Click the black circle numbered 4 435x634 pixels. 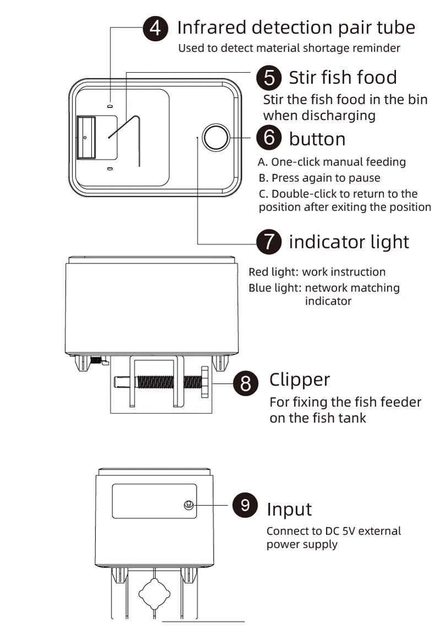[155, 28]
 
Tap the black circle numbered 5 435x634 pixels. [269, 78]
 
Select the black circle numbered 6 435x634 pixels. [269, 138]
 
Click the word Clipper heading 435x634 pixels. [300, 380]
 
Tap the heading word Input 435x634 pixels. [289, 510]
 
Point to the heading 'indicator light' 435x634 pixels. [349, 242]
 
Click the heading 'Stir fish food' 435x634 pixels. [342, 78]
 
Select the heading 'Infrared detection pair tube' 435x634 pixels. [296, 27]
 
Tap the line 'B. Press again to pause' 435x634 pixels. [319, 178]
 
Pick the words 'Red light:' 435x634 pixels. [273, 272]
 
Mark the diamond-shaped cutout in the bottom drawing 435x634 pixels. [155, 594]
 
